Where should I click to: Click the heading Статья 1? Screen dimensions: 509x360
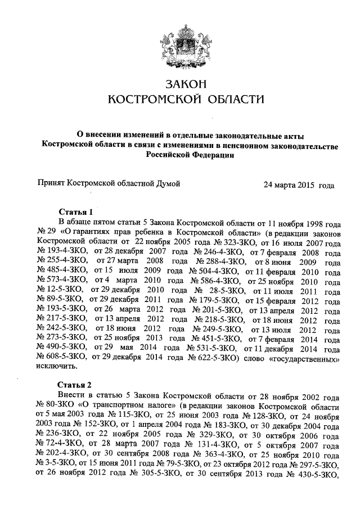(x=75, y=212)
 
